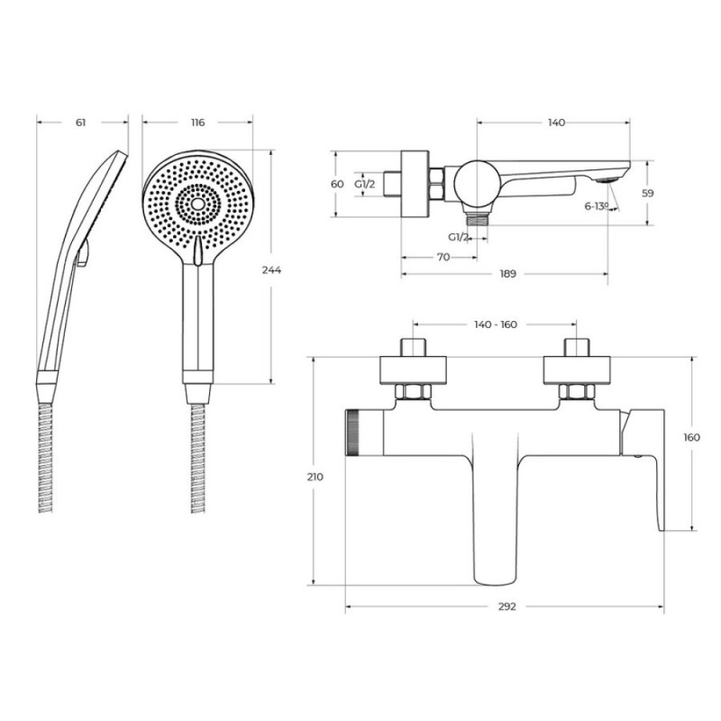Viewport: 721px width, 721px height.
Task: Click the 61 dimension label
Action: point(80,123)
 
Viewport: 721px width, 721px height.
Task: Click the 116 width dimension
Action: point(197,123)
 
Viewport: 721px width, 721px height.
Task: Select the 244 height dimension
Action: point(272,269)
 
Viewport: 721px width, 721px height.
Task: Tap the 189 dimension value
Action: point(507,274)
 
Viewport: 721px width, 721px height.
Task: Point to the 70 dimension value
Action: point(443,257)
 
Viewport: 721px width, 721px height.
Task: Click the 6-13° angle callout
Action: point(597,206)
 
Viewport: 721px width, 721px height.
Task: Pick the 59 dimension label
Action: point(647,194)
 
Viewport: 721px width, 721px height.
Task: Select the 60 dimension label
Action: point(337,184)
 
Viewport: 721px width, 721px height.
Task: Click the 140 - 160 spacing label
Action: point(495,324)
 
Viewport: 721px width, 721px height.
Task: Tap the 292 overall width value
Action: point(507,607)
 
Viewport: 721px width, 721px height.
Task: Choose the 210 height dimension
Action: point(315,477)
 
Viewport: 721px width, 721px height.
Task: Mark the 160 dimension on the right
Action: point(691,437)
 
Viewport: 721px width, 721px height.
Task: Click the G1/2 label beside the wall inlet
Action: point(365,185)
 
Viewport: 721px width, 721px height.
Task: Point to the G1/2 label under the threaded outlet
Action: point(459,237)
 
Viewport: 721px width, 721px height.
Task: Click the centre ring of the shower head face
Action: point(197,205)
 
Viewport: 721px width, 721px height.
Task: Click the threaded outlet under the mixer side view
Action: point(477,219)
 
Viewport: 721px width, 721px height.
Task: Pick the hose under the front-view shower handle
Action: point(198,459)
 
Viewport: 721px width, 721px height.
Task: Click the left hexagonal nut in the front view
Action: point(413,392)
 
